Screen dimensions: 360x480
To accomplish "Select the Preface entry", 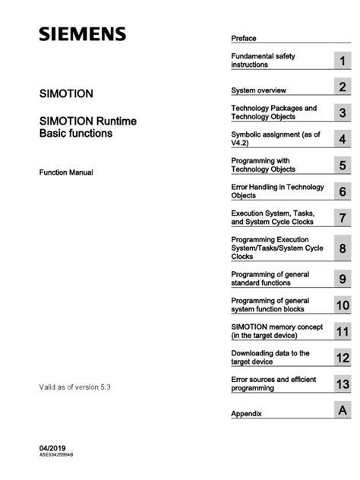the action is [x=244, y=38].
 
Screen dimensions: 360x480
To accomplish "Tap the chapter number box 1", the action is [x=343, y=61].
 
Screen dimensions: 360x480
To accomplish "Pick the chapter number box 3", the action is [x=343, y=113].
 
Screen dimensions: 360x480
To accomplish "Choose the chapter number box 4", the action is [x=343, y=139].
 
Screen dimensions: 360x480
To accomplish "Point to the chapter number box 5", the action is [x=343, y=166].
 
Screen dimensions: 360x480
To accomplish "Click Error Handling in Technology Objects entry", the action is [x=276, y=191].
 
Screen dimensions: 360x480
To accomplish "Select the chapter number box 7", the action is [x=343, y=218].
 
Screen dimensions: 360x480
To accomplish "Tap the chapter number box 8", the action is [x=343, y=248].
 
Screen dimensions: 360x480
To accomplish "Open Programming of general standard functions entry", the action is [x=271, y=278].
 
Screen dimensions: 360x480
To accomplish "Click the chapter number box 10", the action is [x=343, y=305].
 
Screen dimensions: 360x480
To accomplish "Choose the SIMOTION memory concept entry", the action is [x=278, y=331].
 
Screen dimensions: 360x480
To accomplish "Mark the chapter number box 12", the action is [x=343, y=358].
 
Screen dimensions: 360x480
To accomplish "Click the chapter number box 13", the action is [x=343, y=384].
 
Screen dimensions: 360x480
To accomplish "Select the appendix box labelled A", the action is [x=343, y=411].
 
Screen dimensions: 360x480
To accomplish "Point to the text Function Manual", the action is [x=66, y=173].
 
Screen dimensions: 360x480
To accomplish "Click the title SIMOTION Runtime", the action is [x=82, y=121].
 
